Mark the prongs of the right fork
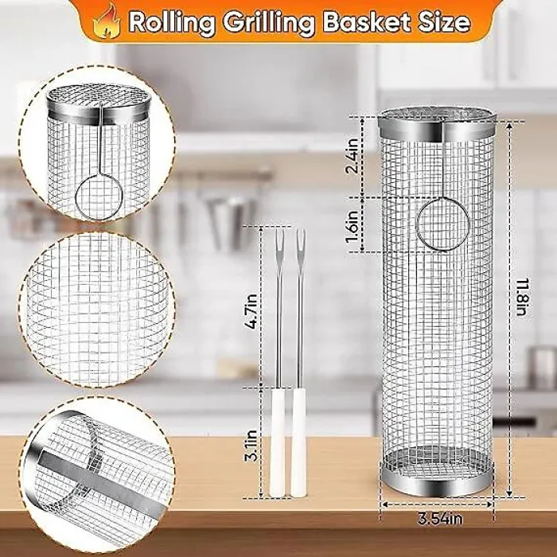(x=300, y=240)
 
